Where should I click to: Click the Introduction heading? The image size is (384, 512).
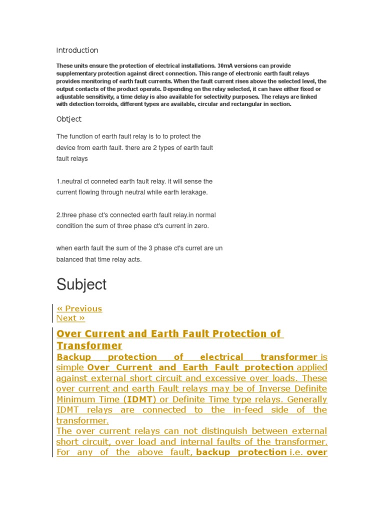pyautogui.click(x=77, y=50)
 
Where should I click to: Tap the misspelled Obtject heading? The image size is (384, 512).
pyautogui.click(x=69, y=119)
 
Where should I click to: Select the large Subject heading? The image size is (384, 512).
pyautogui.click(x=81, y=284)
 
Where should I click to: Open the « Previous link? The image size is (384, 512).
pyautogui.click(x=79, y=308)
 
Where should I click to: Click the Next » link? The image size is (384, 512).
pyautogui.click(x=70, y=318)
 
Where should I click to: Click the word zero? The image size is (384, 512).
pyautogui.click(x=202, y=226)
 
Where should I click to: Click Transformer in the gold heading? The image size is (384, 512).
pyautogui.click(x=89, y=346)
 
